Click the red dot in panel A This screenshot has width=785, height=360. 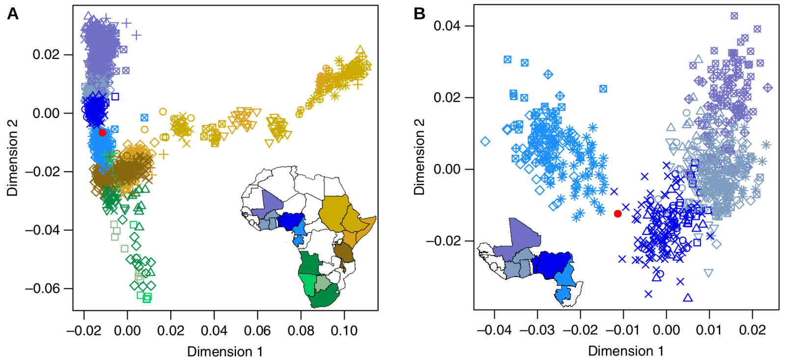102,133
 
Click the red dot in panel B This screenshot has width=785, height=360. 618,214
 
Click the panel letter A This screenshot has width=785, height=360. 13,14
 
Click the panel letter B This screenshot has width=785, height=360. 419,14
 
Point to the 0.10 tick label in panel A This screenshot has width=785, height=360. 344,331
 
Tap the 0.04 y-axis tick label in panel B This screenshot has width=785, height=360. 447,26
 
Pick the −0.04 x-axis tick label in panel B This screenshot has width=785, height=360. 494,330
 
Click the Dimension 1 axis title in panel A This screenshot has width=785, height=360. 225,352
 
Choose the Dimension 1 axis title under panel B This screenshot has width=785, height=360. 626,351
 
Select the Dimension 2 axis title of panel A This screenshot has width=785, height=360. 12,158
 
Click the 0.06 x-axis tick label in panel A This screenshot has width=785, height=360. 257,331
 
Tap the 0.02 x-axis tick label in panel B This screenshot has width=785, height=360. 752,330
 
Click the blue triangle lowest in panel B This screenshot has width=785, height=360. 688,298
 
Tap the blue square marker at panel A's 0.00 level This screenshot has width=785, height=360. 115,96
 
